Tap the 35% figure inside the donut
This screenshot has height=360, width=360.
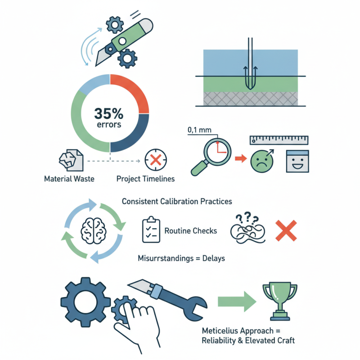[x=109, y=113]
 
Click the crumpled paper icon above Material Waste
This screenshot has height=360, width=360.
[x=71, y=160]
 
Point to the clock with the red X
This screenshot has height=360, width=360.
[x=156, y=160]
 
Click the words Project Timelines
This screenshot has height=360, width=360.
[x=145, y=179]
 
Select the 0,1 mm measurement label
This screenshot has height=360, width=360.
[x=199, y=130]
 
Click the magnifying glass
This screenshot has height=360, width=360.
[x=211, y=156]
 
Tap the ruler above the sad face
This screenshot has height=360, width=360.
[x=279, y=140]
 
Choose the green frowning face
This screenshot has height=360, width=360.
[x=262, y=162]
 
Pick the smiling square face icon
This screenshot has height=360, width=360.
[x=297, y=161]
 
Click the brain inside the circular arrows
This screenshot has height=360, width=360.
[x=94, y=230]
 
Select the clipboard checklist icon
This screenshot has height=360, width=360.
[x=151, y=229]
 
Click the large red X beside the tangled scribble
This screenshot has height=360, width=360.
[x=286, y=230]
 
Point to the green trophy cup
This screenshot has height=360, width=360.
[x=280, y=301]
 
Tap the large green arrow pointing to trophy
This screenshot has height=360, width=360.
[x=237, y=301]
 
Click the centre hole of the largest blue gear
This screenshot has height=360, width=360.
[x=85, y=302]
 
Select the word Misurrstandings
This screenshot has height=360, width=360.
[x=166, y=258]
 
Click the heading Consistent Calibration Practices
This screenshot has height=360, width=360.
[x=177, y=201]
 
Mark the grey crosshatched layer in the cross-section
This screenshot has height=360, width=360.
[x=251, y=99]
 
